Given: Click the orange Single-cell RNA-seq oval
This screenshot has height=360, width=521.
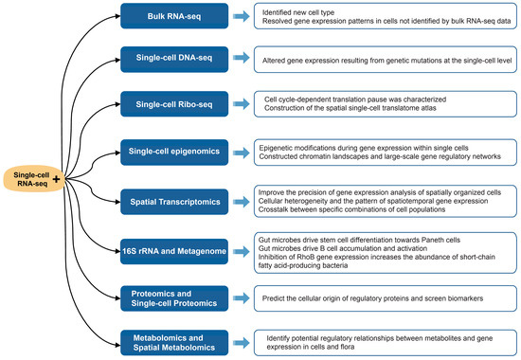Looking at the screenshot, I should [32, 177].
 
